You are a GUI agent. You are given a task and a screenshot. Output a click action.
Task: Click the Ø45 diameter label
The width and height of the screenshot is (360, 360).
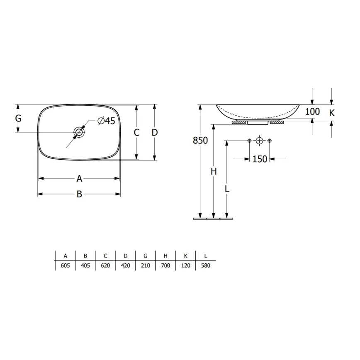click(106, 121)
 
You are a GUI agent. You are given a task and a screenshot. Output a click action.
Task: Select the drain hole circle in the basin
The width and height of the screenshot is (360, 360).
click(78, 132)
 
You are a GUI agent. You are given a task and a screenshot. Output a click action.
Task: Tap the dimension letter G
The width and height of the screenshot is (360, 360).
click(18, 118)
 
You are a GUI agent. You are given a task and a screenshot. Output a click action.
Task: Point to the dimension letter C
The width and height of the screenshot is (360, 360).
click(136, 133)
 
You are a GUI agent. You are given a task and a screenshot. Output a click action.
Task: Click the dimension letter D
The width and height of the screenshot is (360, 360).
click(154, 133)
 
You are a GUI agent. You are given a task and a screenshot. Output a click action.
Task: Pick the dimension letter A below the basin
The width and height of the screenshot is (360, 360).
click(79, 179)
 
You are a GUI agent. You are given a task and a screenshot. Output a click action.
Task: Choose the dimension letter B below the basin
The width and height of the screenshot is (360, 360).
click(79, 194)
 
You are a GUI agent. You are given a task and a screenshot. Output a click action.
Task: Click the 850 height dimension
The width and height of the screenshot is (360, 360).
click(200, 141)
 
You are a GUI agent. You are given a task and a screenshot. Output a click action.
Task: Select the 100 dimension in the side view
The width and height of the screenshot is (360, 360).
click(312, 112)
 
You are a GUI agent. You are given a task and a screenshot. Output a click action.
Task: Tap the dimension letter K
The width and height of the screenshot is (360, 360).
click(332, 112)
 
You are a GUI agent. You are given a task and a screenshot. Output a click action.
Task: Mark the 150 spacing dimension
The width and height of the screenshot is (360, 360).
click(260, 159)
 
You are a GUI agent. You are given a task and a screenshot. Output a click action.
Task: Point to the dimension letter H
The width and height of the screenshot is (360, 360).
click(213, 172)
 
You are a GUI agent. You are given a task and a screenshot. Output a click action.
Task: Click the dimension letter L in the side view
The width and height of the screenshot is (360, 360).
click(227, 189)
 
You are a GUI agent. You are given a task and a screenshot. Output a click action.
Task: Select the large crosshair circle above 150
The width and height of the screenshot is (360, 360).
click(259, 141)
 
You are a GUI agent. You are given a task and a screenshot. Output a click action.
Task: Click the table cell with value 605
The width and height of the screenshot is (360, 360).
click(65, 266)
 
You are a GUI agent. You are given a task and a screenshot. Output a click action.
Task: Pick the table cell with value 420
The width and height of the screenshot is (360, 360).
click(125, 266)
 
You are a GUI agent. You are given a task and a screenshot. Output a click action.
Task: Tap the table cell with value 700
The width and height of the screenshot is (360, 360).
click(165, 266)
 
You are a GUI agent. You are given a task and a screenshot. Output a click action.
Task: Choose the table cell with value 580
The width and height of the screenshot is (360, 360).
click(205, 266)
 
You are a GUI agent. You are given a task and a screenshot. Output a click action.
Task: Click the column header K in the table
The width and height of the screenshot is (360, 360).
click(185, 256)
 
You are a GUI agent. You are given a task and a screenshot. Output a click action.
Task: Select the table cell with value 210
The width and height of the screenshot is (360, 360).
click(145, 266)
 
